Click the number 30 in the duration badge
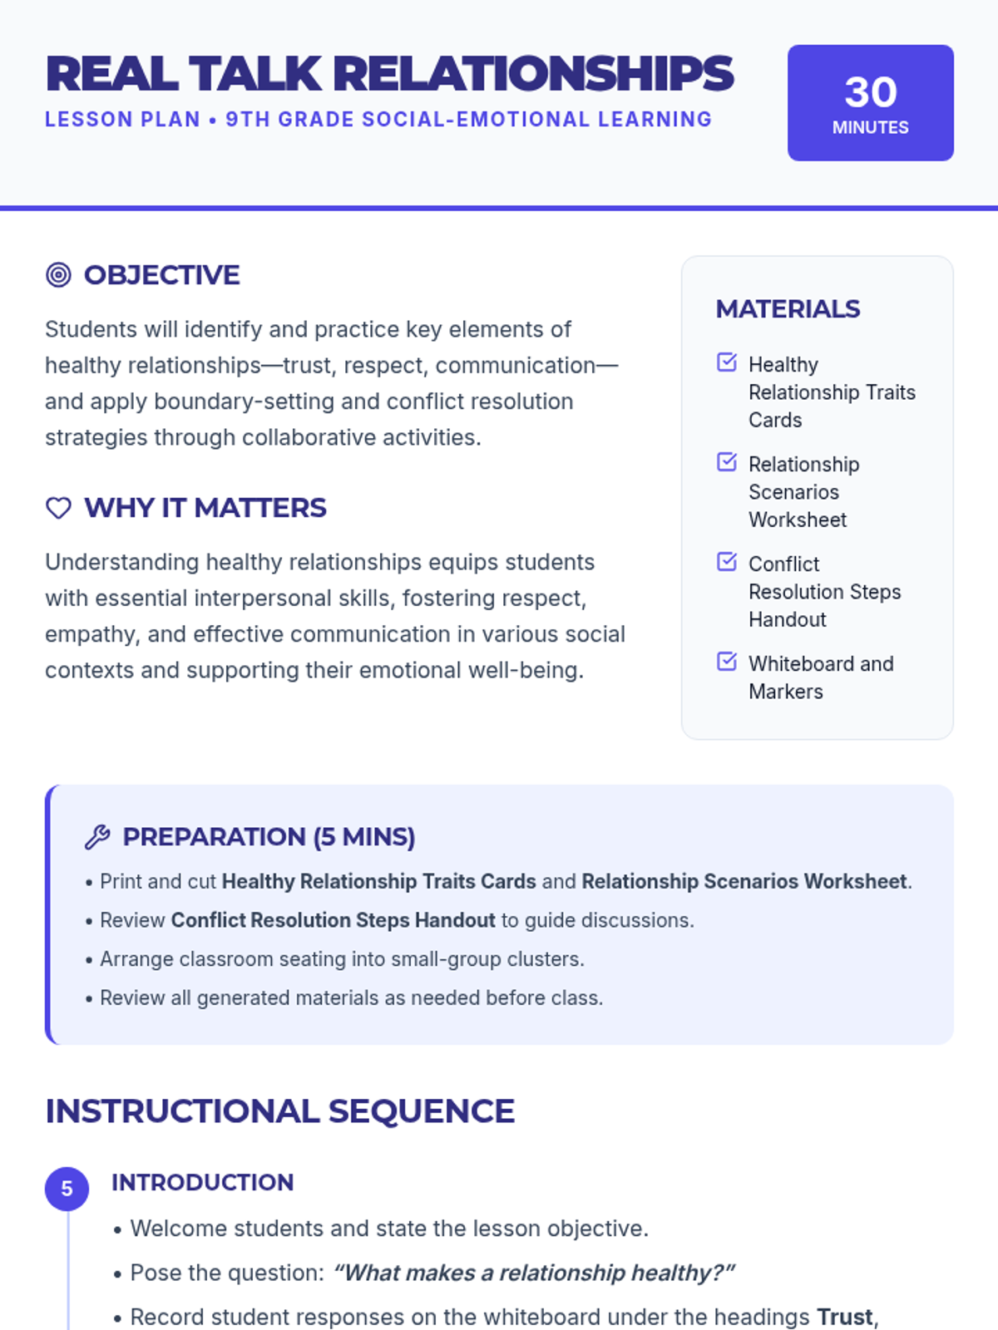(871, 92)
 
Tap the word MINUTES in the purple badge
(870, 128)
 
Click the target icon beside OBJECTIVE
(58, 275)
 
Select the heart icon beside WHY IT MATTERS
(58, 508)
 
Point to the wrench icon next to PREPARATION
(97, 837)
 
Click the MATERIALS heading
(788, 309)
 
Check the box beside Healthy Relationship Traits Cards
(727, 362)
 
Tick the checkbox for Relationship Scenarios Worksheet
(727, 462)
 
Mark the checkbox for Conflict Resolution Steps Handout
(727, 562)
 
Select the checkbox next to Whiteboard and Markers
(727, 662)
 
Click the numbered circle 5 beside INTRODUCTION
(67, 1189)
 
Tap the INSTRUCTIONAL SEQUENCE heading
(279, 1111)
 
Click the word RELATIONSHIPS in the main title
(533, 74)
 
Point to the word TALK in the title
(254, 74)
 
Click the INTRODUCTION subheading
(202, 1182)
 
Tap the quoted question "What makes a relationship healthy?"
(534, 1273)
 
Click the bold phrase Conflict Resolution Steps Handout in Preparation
(333, 920)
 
